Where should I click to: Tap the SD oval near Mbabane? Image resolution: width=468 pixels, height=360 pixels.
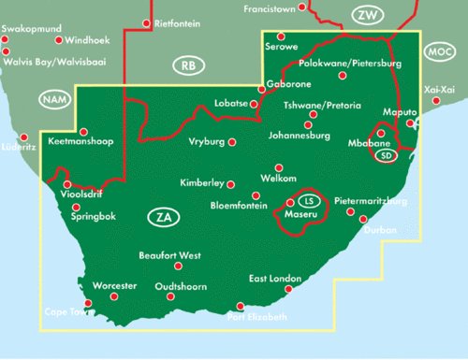click(386, 156)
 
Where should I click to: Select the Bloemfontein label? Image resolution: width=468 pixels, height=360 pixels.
click(226, 203)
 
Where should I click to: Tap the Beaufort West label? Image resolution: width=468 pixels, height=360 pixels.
click(169, 254)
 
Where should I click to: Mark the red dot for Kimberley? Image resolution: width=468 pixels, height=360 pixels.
click(231, 184)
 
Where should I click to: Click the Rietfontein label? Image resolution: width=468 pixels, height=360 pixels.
click(176, 22)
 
